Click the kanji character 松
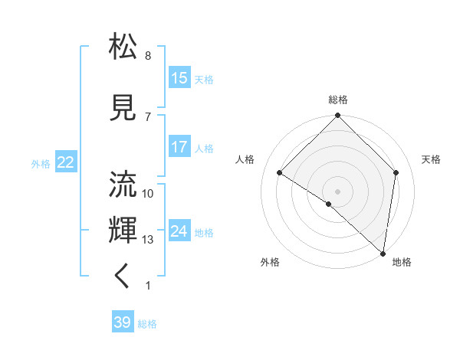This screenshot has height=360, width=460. [123, 47]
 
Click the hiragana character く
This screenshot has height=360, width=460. [123, 277]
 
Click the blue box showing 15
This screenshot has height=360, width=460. [179, 78]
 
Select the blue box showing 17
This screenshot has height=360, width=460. [179, 147]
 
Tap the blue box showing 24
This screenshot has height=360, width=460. [179, 231]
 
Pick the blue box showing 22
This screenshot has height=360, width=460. [66, 162]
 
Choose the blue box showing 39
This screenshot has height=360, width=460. [123, 322]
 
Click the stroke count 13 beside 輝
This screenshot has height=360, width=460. [148, 240]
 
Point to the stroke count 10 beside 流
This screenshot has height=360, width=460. [148, 194]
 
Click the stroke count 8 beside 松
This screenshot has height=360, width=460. [148, 56]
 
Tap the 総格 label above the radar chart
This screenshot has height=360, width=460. [338, 100]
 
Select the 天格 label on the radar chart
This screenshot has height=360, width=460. [432, 159]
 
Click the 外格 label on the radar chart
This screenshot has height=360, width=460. [270, 262]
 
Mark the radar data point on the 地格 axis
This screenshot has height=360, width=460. [383, 253]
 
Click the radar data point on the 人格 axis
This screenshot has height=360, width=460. [280, 173]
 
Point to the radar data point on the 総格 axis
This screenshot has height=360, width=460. [338, 116]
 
